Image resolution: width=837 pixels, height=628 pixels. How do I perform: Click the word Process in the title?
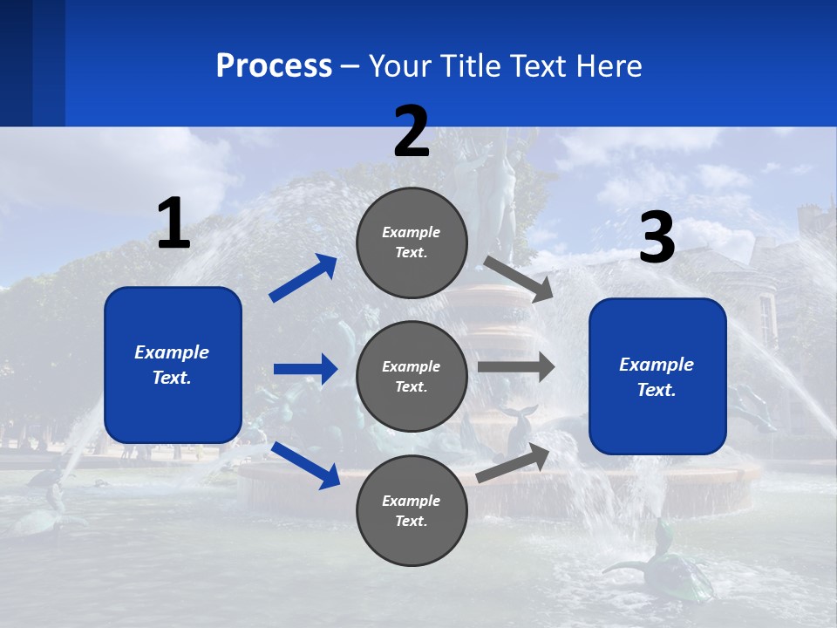click(x=274, y=65)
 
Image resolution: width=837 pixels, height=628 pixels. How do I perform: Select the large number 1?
click(x=174, y=224)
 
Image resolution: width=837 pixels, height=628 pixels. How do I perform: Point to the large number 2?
click(x=412, y=133)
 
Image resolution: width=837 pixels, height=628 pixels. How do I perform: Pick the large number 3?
click(x=657, y=239)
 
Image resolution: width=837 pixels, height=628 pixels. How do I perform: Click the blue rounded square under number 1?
click(x=173, y=365)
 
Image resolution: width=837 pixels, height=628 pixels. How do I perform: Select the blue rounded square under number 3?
click(x=657, y=377)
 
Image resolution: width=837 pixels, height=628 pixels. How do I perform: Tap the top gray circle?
click(x=412, y=242)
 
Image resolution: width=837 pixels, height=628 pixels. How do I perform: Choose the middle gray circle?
click(x=412, y=376)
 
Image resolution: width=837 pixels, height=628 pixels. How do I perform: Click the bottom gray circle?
click(x=412, y=510)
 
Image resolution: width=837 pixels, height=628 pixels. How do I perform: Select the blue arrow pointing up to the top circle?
click(x=303, y=277)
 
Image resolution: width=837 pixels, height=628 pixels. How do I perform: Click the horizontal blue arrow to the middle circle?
click(x=305, y=369)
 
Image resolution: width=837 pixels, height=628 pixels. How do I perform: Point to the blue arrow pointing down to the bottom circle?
click(x=305, y=465)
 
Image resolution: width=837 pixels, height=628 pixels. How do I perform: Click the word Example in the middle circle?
click(x=412, y=366)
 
